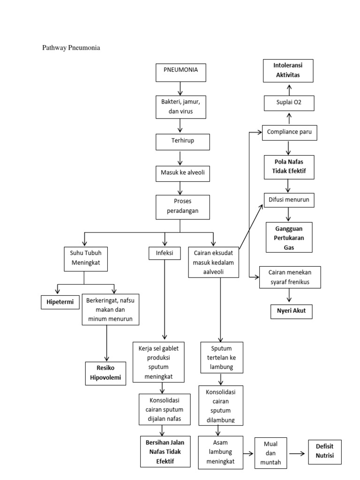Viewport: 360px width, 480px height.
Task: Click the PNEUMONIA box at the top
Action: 180,71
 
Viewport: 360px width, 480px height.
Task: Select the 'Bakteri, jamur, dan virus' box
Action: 180,106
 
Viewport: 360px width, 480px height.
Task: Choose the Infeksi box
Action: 161,253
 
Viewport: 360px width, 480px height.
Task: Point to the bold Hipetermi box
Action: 60,302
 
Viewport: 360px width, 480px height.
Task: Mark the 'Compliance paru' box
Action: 289,133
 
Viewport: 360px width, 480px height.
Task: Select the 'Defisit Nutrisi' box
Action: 324,451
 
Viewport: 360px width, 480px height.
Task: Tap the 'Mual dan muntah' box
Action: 269,453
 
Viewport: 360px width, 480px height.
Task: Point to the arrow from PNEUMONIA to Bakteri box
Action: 180,88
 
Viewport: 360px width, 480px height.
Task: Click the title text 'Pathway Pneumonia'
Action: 71,47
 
